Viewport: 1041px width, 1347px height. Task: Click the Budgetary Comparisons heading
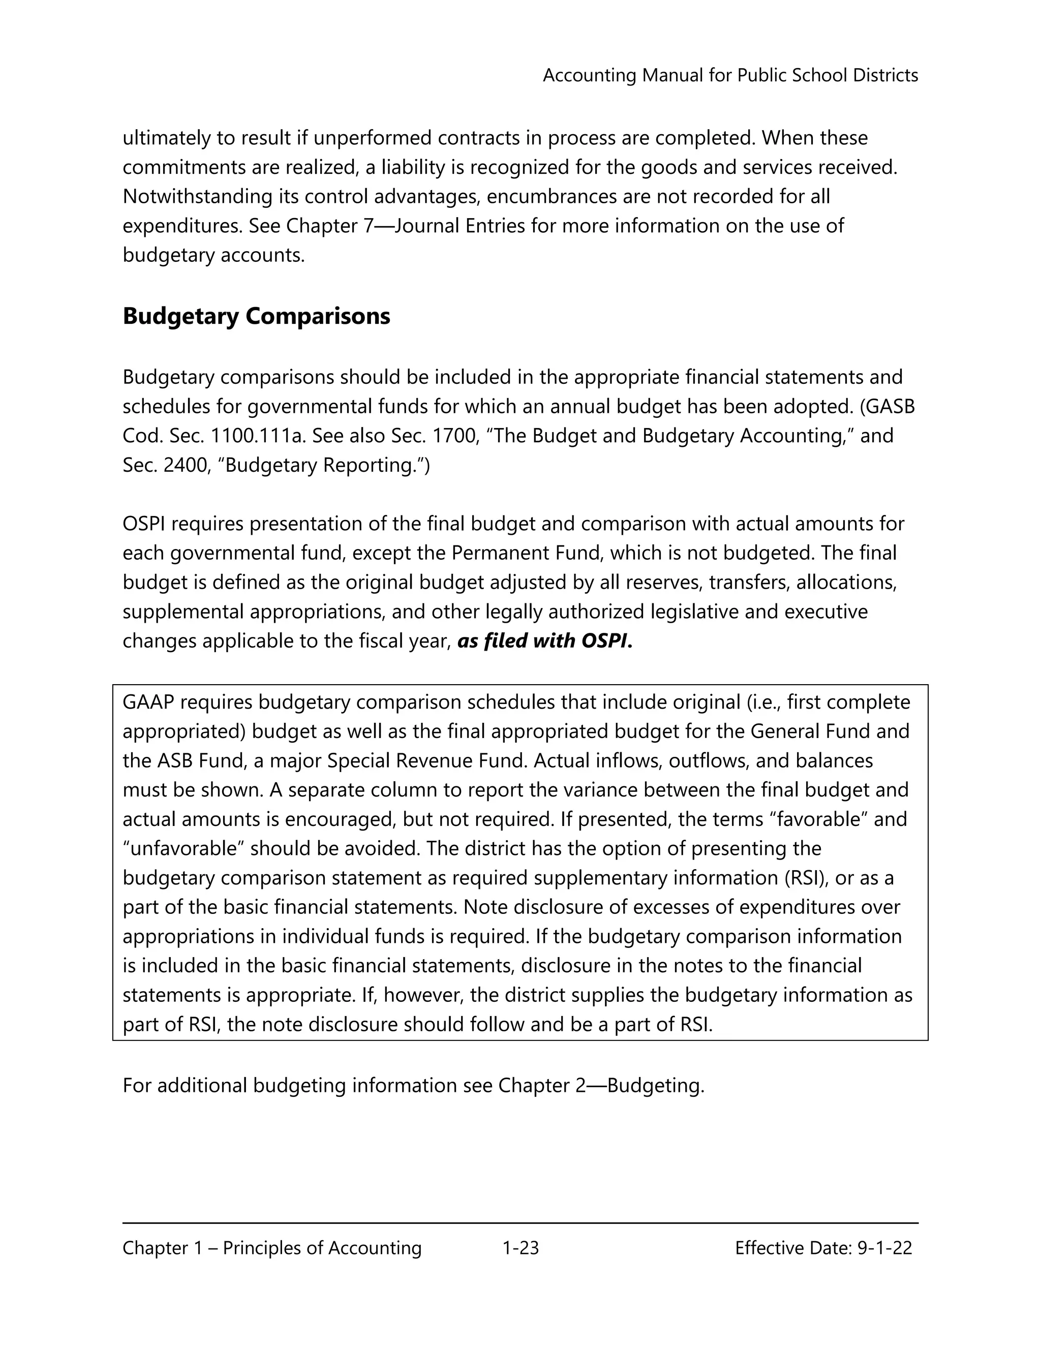[x=256, y=316]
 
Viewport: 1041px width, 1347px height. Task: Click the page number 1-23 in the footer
[x=520, y=1248]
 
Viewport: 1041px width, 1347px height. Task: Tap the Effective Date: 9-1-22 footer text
[x=823, y=1248]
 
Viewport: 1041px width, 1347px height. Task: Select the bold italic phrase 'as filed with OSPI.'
[x=545, y=641]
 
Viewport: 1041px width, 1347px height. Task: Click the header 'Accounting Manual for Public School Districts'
[x=730, y=75]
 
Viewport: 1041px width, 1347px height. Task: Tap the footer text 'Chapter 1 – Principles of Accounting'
[x=272, y=1248]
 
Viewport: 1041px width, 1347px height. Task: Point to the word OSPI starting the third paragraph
[x=144, y=524]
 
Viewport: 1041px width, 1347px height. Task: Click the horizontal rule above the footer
[x=520, y=1222]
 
